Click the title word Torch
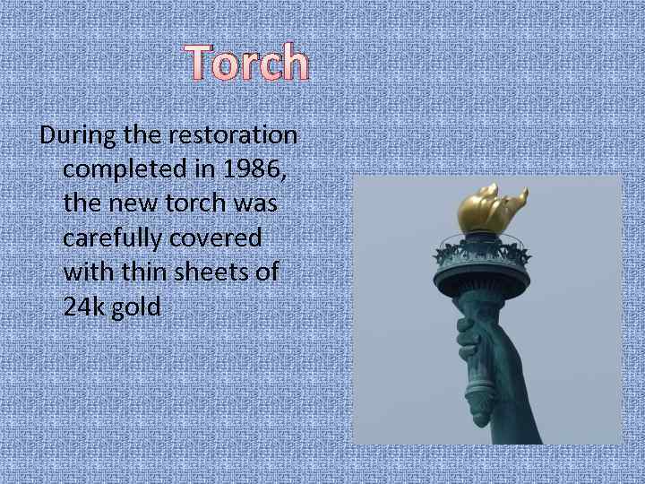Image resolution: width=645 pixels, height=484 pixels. pos(248,63)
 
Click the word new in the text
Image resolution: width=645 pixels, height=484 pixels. pos(134,204)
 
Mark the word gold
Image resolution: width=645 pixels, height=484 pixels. pos(137,307)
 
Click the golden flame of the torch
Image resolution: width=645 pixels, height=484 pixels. pos(489,209)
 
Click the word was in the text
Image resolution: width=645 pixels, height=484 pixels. pos(255,204)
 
